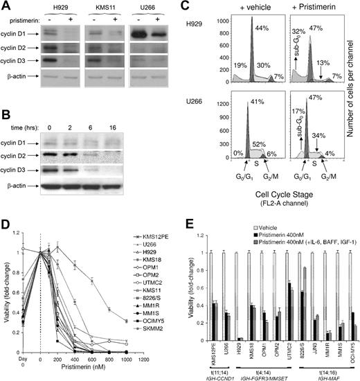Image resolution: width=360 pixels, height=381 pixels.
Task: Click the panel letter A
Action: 6,7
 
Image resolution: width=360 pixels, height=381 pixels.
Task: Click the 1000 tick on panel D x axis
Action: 149,359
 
